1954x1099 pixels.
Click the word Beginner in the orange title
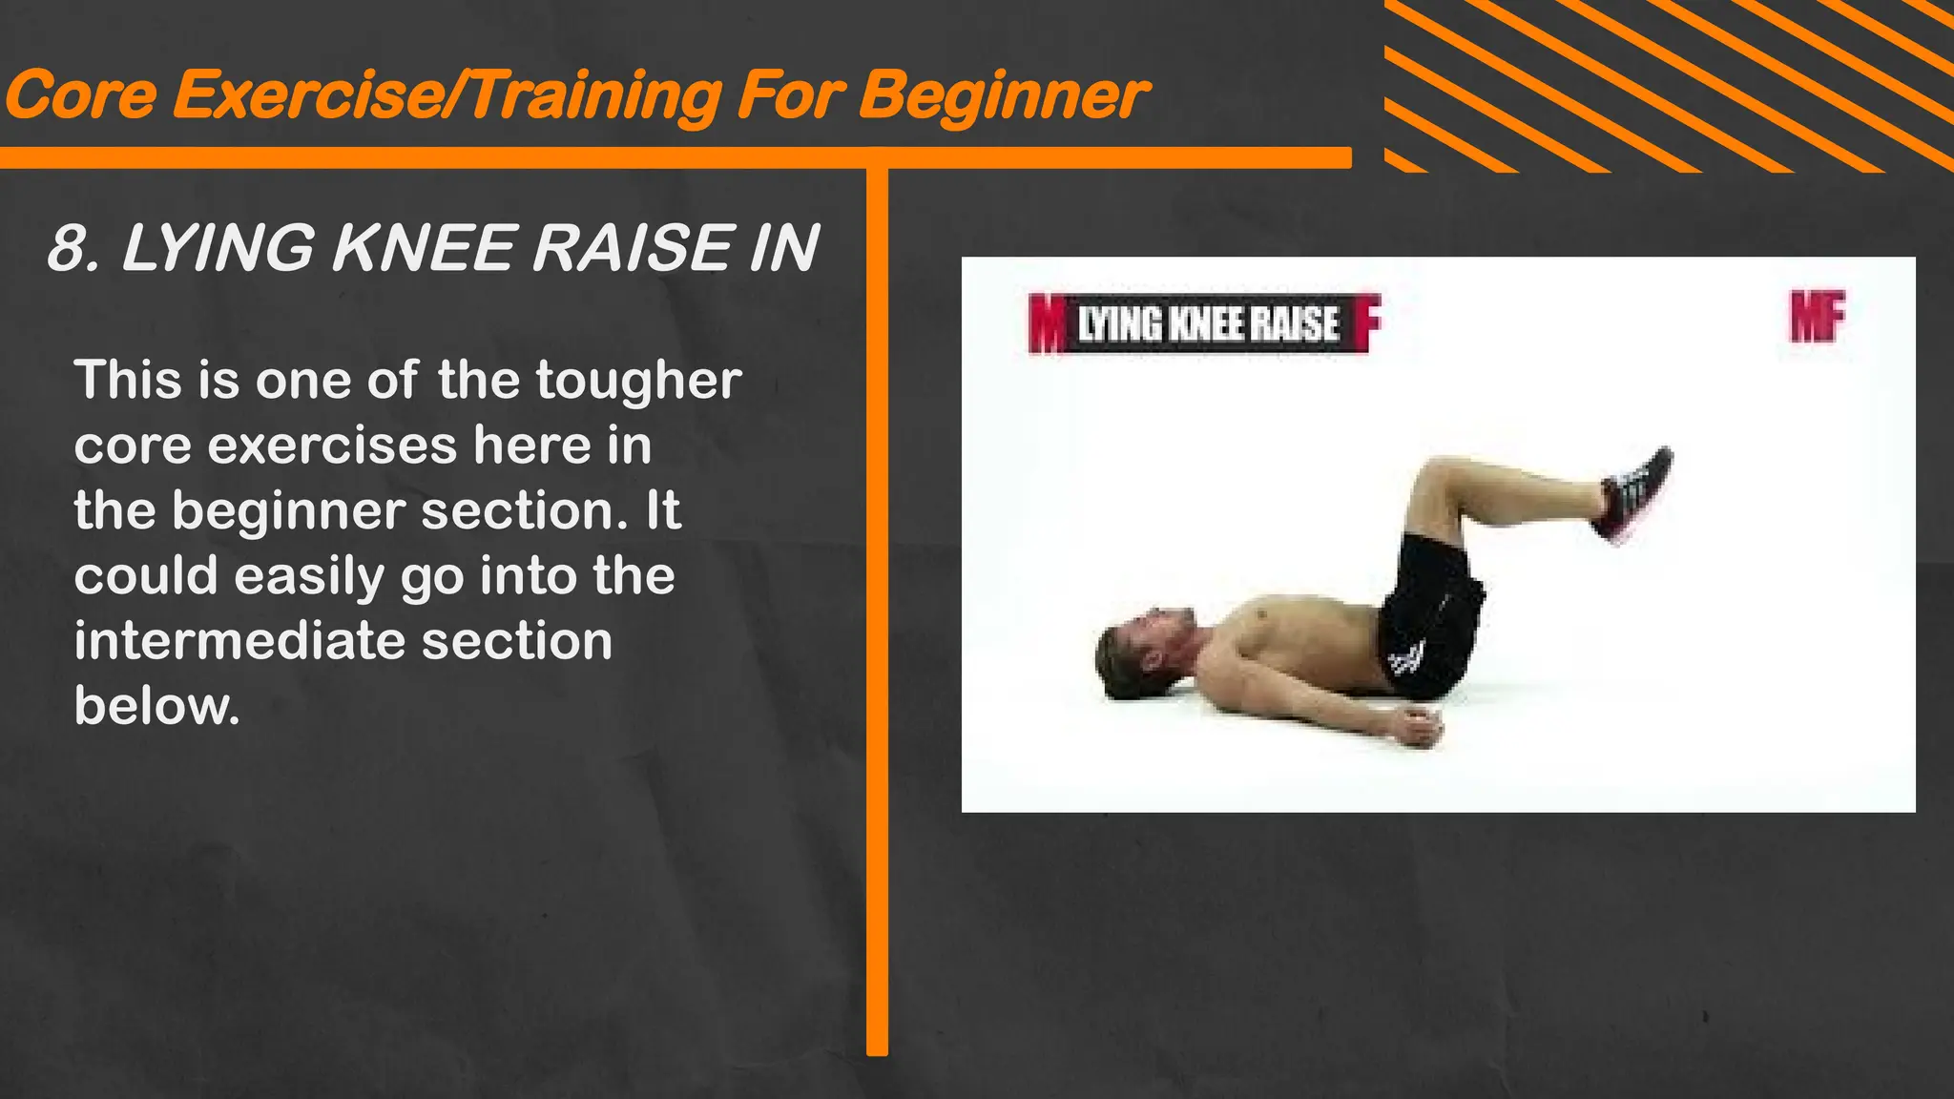(1003, 95)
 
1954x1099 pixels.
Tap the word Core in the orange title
(81, 95)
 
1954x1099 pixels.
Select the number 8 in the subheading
(69, 248)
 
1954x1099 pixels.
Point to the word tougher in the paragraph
(638, 380)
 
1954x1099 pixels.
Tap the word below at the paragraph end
(156, 706)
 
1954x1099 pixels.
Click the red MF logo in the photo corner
(1817, 317)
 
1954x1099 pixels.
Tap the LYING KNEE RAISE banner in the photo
(1208, 323)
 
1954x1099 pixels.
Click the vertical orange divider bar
(877, 611)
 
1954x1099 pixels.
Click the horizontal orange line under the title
(668, 157)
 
